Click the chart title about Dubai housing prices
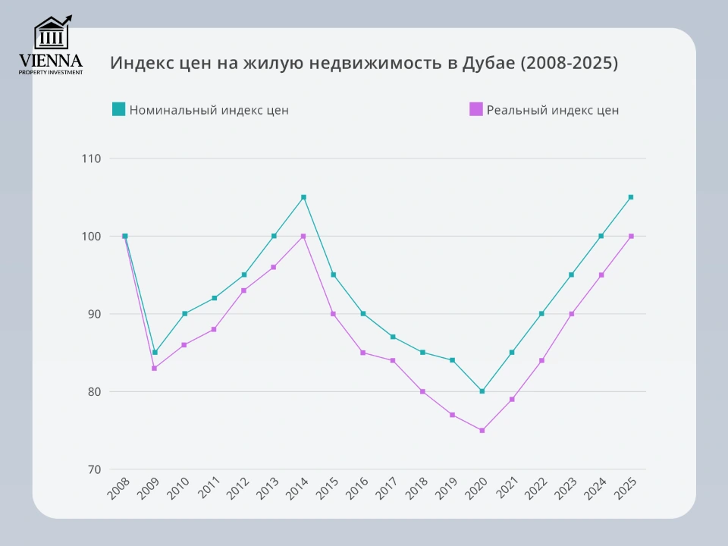pos(364,63)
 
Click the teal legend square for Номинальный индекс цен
pos(118,109)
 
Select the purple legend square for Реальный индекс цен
pos(475,109)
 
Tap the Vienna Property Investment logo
pos(52,45)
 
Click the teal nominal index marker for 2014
pos(303,197)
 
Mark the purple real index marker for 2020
pos(482,431)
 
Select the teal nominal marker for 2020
pos(482,391)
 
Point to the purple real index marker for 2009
pos(155,369)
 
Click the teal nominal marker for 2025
pos(631,197)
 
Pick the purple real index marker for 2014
pos(303,236)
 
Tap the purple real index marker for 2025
pos(631,236)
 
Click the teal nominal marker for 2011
pos(215,298)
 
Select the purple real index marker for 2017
pos(393,360)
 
